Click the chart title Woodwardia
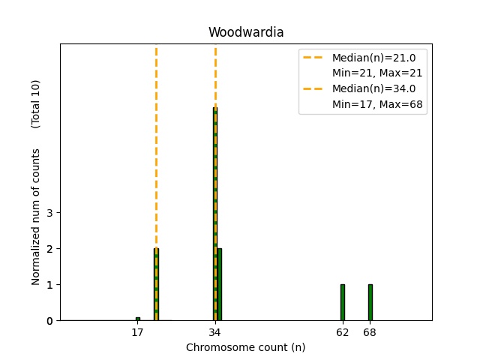coord(246,32)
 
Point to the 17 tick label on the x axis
coord(137,332)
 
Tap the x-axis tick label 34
coord(215,332)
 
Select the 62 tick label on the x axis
coord(343,332)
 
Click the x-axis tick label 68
coord(370,332)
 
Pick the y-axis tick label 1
coord(49,285)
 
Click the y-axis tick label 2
coord(49,249)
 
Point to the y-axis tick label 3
coord(49,213)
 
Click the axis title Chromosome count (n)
coord(246,347)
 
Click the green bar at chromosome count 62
coord(343,302)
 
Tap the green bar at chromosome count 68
coord(370,302)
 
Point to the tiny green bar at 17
coord(137,319)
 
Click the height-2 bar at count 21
coord(156,284)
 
